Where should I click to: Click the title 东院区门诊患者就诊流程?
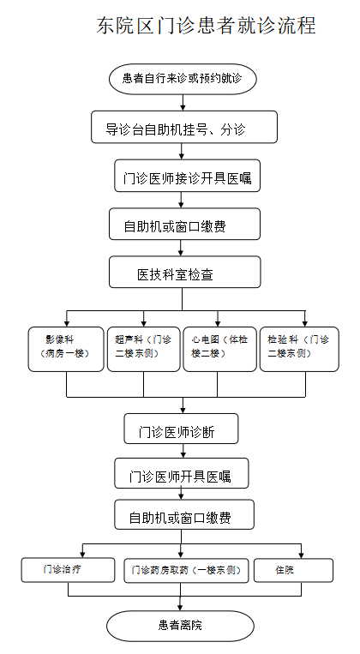tap(206, 26)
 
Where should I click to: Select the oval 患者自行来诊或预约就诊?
tap(183, 79)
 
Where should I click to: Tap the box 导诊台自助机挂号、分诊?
tap(184, 127)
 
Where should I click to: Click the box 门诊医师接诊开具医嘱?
tap(188, 176)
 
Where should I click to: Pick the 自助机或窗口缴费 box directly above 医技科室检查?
tap(184, 225)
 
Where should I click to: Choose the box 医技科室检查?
tap(185, 272)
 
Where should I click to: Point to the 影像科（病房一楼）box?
tap(66, 349)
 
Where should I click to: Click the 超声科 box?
tap(144, 349)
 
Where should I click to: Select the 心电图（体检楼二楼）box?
tap(219, 349)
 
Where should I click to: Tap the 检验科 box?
tap(299, 349)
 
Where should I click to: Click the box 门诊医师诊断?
tap(181, 429)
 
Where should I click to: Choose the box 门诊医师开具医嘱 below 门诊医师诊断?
tap(182, 473)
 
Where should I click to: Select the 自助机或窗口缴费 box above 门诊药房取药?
tap(184, 515)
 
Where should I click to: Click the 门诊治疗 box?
tap(68, 570)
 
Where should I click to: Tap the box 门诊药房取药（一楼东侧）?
tap(186, 571)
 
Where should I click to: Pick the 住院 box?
tap(293, 570)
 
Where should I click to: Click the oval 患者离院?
tap(180, 626)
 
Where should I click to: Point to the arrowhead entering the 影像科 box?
tap(66, 324)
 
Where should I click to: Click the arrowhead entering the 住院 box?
tap(301, 555)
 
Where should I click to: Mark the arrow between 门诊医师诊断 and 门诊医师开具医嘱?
tap(183, 451)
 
